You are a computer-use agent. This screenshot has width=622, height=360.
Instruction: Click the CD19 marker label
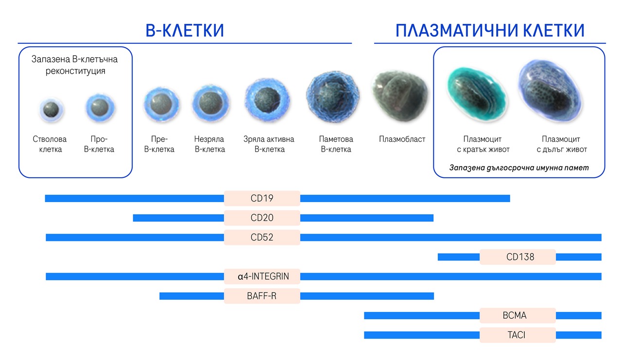[262, 198]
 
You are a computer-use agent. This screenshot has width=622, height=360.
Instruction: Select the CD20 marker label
[262, 218]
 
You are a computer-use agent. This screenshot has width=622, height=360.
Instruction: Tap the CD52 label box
[262, 237]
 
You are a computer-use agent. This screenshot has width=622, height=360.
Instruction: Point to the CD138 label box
[518, 257]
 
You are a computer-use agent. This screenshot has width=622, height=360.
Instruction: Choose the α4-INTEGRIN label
[262, 276]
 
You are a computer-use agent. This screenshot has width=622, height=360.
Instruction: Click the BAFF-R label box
[262, 296]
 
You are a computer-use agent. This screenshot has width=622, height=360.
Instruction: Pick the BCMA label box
[518, 316]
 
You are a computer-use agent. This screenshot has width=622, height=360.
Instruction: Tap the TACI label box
[518, 335]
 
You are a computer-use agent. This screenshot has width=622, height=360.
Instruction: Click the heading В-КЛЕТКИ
[185, 31]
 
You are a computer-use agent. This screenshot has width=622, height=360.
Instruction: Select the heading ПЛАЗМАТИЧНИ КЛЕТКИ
[490, 31]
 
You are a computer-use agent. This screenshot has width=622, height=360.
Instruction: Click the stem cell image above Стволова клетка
[51, 110]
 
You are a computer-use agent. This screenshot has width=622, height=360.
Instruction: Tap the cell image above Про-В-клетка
[100, 108]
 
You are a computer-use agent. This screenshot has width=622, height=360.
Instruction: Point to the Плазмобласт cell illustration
[400, 96]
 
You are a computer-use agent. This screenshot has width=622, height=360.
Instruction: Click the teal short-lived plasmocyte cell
[477, 94]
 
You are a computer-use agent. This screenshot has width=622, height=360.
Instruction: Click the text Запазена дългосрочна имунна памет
[519, 168]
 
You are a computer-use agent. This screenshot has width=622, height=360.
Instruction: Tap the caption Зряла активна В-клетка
[269, 144]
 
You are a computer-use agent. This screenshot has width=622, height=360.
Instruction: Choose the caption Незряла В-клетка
[209, 144]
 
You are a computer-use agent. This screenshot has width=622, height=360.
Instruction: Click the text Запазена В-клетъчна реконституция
[75, 65]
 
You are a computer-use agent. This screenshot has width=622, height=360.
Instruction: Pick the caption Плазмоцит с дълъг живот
[561, 144]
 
